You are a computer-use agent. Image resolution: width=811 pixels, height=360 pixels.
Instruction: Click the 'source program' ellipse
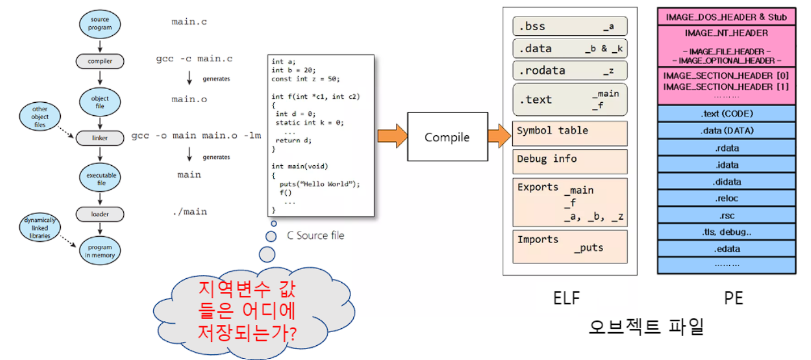[x=100, y=24]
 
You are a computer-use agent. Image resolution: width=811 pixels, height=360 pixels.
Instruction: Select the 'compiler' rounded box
[x=100, y=61]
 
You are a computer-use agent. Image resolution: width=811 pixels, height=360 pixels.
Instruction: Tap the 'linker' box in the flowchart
[x=100, y=138]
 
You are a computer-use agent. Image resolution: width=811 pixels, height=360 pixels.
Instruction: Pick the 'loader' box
[x=100, y=214]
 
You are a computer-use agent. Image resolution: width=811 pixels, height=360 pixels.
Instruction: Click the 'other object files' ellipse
[x=40, y=116]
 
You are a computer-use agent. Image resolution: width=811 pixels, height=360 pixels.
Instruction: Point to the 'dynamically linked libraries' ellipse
[x=40, y=227]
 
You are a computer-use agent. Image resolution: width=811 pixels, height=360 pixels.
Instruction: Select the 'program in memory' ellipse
[x=100, y=251]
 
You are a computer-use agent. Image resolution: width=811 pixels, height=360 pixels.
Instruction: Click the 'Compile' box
[x=448, y=137]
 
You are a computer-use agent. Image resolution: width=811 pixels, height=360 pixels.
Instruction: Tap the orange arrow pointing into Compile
[x=392, y=136]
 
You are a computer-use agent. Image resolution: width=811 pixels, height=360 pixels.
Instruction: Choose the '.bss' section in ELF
[x=570, y=26]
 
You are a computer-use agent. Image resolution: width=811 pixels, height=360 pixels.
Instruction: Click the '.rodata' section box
[x=570, y=70]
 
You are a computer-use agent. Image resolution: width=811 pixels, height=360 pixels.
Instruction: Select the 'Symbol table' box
[x=570, y=133]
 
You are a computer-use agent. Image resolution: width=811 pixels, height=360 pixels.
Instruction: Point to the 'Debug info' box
[x=570, y=162]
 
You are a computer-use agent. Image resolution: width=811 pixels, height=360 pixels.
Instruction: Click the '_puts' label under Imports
[x=589, y=248]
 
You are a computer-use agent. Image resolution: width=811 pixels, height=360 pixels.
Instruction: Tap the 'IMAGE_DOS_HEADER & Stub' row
[x=726, y=17]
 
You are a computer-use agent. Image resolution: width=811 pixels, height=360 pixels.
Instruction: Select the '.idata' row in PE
[x=726, y=165]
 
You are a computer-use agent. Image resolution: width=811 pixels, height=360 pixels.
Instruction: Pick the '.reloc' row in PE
[x=726, y=198]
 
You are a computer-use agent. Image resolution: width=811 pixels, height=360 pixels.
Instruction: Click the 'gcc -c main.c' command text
[x=194, y=58]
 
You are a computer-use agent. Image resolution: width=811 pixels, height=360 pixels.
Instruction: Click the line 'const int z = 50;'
[x=306, y=79]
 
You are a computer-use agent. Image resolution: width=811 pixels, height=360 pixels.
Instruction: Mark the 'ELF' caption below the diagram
[x=567, y=298]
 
